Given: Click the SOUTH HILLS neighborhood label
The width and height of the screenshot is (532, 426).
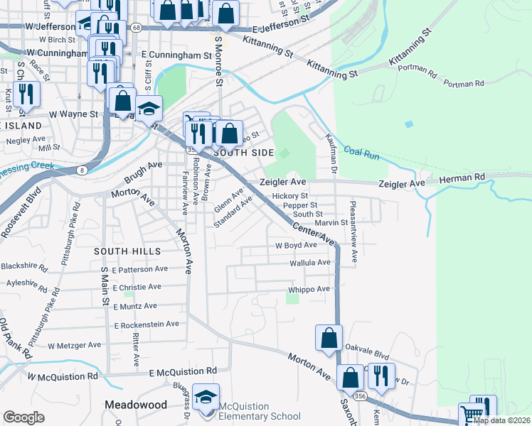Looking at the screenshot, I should [126, 251].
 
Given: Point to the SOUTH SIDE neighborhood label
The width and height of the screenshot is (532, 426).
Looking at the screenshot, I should [243, 153].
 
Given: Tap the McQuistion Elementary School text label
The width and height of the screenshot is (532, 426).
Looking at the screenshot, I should [259, 411].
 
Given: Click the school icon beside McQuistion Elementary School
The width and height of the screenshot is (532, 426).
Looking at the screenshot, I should [206, 398].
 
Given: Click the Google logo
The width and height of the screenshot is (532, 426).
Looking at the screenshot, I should [23, 417].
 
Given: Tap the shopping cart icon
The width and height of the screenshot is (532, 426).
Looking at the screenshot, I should [470, 413].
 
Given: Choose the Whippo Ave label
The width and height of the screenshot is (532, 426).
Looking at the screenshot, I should [309, 289].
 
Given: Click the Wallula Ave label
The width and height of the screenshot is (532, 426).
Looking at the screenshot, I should [310, 263].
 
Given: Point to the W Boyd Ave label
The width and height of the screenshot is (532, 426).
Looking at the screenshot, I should [296, 245].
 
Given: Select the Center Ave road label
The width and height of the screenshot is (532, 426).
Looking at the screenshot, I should [313, 233].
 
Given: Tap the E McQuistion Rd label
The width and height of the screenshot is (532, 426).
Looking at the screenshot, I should [183, 371].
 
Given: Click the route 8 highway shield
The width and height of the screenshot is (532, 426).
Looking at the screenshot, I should [83, 170].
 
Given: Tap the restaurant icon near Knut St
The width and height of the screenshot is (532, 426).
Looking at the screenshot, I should [26, 94].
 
